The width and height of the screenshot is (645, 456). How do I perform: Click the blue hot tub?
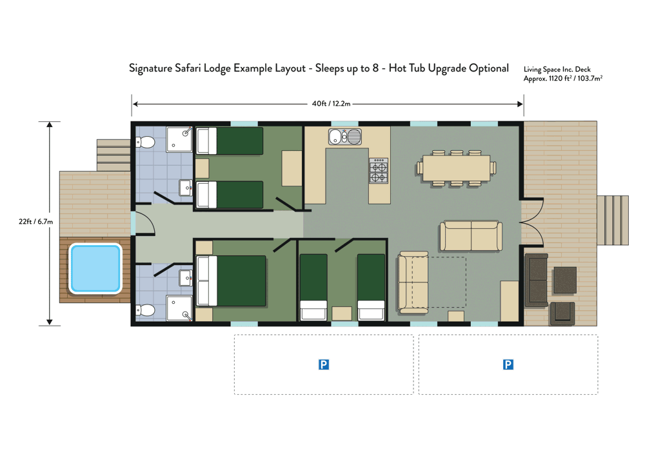point(95,268)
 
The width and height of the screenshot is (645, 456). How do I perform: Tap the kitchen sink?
point(344,137)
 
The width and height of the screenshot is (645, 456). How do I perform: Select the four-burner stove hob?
point(379,171)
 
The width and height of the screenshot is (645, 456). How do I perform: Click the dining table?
point(456,168)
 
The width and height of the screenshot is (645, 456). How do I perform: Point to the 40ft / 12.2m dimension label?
point(331,104)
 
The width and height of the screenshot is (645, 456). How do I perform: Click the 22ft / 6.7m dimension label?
point(35,222)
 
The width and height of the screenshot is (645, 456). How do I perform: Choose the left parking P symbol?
point(324,364)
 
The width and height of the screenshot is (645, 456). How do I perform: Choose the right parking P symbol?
point(508,364)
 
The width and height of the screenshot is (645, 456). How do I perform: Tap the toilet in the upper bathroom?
point(144,143)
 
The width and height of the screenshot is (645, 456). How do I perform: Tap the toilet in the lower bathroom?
point(144,310)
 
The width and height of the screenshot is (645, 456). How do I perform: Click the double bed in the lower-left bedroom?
point(231,281)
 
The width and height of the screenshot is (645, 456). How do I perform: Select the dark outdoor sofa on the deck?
point(537,281)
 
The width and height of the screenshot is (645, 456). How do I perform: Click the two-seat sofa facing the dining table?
point(471,236)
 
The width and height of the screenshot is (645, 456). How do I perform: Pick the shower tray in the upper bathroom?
point(179,139)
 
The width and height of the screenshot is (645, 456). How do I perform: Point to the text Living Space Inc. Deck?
point(557,70)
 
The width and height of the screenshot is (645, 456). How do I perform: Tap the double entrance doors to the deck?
point(532,223)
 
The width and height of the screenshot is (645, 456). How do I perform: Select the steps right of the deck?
point(613,221)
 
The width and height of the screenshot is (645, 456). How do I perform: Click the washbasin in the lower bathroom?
point(186,278)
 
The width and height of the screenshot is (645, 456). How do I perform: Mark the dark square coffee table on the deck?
point(565,281)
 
